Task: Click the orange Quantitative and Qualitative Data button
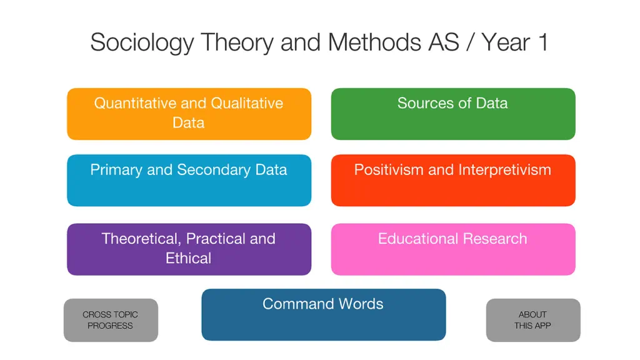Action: tap(189, 114)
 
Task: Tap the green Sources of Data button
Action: tap(453, 114)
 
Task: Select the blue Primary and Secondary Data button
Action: tap(189, 181)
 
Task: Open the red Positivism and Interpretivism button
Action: tap(453, 181)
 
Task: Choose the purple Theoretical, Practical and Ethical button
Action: tap(189, 249)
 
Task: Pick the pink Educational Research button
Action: tap(453, 249)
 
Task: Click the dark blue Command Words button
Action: tap(324, 315)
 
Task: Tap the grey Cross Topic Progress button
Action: tap(111, 320)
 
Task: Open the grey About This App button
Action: tap(533, 320)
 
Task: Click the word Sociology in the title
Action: tap(142, 43)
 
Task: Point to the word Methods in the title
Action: tap(374, 42)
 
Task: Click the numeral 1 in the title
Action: tap(543, 42)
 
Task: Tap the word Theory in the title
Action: tap(237, 43)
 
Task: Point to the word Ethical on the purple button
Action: tap(189, 258)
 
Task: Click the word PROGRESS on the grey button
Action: tap(110, 326)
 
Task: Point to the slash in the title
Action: tap(471, 42)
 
